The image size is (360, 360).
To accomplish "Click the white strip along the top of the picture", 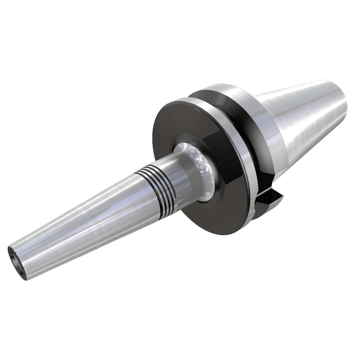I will (x=180, y=34).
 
